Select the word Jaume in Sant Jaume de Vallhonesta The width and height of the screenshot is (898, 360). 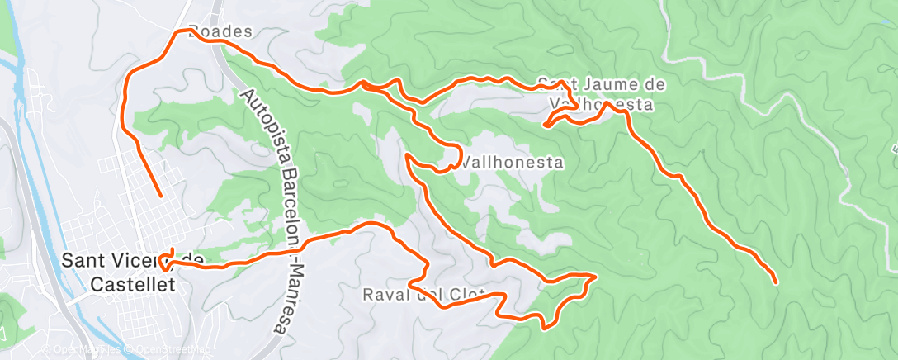(x=604, y=84)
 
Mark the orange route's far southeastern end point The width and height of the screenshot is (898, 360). (x=776, y=282)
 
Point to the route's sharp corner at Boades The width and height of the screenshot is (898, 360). (x=179, y=31)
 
